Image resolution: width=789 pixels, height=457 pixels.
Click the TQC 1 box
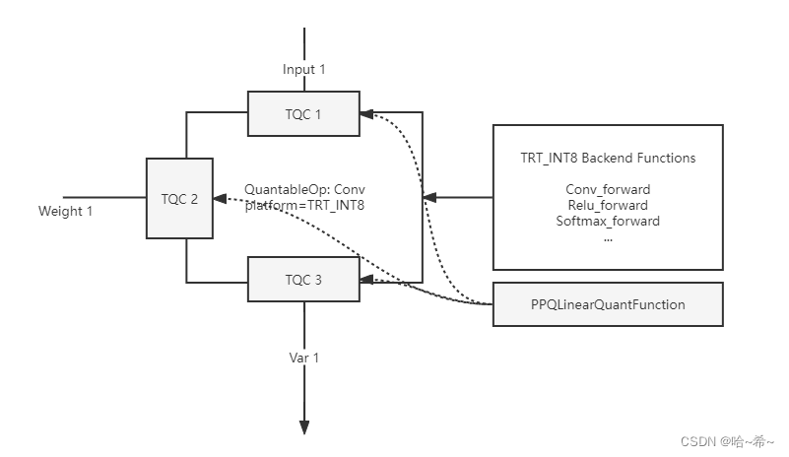[x=304, y=113]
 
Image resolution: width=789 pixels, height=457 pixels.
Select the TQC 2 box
[x=179, y=198]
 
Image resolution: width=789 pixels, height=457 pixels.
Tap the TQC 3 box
[x=304, y=279]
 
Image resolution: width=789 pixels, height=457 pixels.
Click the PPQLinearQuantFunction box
[x=608, y=304]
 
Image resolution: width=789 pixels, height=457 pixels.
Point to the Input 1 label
[x=303, y=69]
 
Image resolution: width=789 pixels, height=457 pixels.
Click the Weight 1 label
[x=65, y=211]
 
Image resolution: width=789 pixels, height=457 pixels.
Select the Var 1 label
[x=303, y=358]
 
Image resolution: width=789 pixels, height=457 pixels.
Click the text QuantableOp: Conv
[x=304, y=188]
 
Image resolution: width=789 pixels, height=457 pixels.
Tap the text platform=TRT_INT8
[x=304, y=205]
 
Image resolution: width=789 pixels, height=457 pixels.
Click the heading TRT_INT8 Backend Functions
[x=608, y=158]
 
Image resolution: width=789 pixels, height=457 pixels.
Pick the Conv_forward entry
[x=608, y=189]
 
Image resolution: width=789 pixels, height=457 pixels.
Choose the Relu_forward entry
[x=608, y=205]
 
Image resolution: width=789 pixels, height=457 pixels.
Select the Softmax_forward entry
[x=608, y=221]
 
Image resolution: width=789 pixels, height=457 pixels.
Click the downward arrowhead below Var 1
[x=304, y=426]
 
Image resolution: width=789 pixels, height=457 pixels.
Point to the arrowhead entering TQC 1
[x=367, y=113]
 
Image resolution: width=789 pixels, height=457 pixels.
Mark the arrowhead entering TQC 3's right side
[x=367, y=282]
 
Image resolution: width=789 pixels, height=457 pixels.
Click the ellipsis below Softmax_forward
[x=608, y=237]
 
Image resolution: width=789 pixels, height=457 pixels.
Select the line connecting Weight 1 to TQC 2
[x=103, y=197]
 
